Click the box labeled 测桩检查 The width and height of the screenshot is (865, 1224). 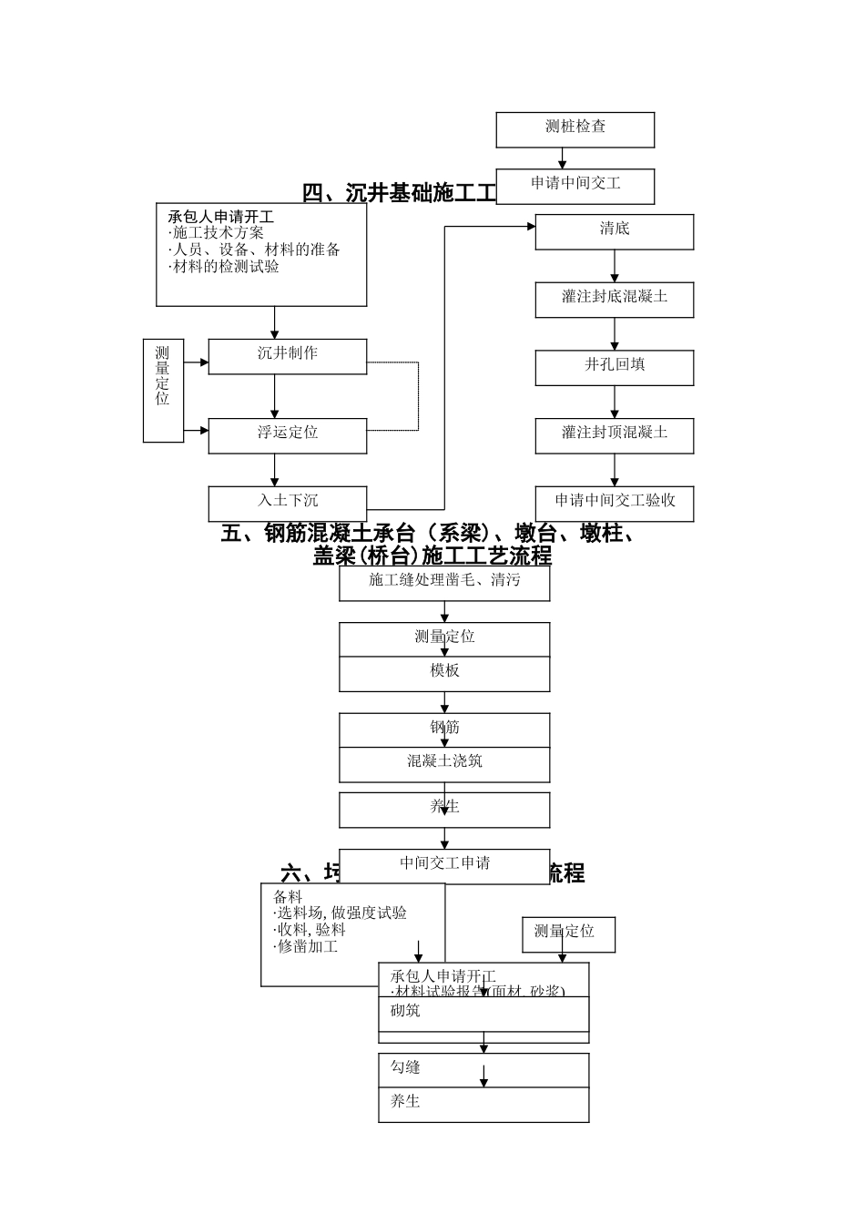tap(575, 129)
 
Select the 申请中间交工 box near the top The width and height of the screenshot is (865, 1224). tap(575, 185)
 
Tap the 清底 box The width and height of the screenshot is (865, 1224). tap(614, 231)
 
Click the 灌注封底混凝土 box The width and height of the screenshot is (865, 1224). tap(614, 299)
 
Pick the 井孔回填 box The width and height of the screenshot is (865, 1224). tap(614, 367)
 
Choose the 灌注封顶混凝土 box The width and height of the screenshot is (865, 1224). tap(614, 435)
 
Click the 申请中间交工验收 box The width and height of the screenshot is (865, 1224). tap(614, 503)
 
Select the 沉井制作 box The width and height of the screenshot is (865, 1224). tap(287, 356)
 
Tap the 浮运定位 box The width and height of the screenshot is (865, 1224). tap(287, 435)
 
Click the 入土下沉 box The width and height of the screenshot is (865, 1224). tap(287, 503)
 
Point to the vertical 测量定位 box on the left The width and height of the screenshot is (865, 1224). tap(163, 390)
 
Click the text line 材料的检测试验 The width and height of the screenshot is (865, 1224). tap(225, 268)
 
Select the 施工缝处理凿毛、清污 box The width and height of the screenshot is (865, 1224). tap(444, 583)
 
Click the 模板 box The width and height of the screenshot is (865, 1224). tap(444, 673)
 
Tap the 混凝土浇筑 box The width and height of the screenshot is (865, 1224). tap(444, 764)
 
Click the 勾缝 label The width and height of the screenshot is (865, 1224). tap(405, 1067)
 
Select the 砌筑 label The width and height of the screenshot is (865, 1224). tap(405, 1011)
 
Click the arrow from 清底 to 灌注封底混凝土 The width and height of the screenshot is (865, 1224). tap(615, 266)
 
